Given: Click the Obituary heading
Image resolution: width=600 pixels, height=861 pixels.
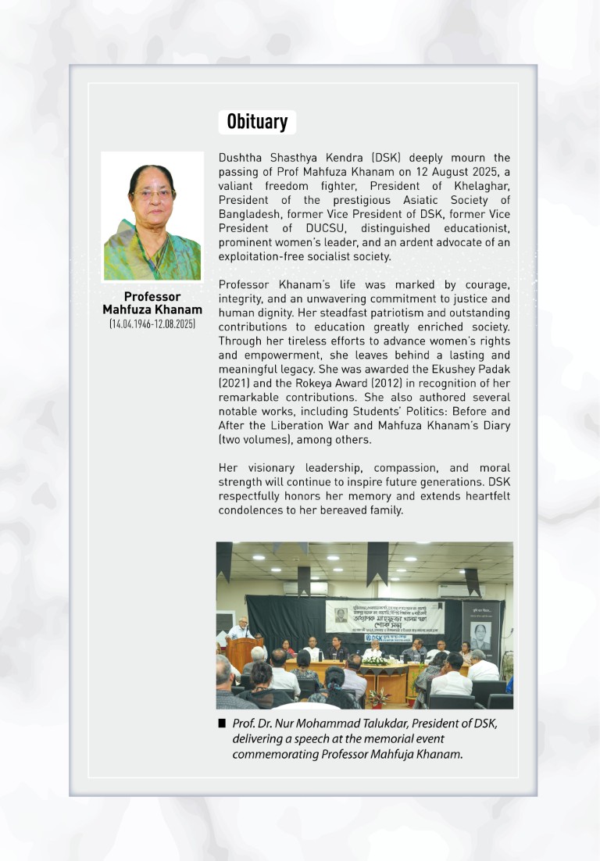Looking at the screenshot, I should [x=257, y=122].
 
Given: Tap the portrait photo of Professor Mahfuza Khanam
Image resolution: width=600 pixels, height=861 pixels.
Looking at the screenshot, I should [x=152, y=216].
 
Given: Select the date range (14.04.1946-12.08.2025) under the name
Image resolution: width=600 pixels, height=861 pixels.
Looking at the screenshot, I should [x=152, y=323].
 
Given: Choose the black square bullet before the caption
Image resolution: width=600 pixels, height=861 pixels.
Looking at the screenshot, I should [x=223, y=723].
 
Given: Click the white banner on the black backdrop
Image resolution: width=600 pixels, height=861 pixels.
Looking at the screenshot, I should [x=384, y=617].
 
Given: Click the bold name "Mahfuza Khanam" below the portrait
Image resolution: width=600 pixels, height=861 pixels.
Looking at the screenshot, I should [x=152, y=309].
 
